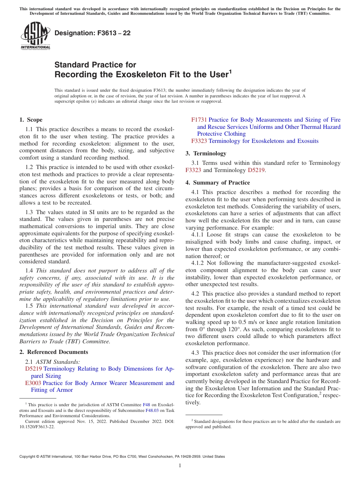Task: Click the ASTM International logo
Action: click(x=35, y=36)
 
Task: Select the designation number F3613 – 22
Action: click(x=92, y=33)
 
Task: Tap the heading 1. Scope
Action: click(x=31, y=120)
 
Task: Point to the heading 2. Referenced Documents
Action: click(x=48, y=352)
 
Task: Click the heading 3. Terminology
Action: click(x=206, y=153)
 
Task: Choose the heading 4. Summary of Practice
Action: click(x=218, y=183)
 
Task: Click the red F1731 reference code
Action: click(x=199, y=120)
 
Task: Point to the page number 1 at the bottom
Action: click(x=180, y=465)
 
